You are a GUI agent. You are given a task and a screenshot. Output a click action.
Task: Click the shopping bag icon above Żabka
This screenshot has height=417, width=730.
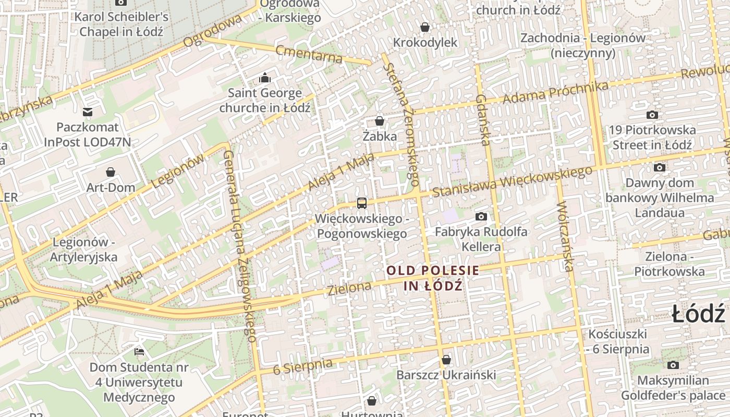coord(380,121)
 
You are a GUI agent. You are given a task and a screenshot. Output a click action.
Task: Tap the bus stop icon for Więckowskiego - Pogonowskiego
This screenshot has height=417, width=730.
coord(361,203)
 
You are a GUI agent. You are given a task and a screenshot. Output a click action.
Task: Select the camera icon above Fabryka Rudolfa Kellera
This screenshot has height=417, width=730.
coord(481,216)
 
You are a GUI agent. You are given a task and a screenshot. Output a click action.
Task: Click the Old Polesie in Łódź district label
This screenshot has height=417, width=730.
coord(433,278)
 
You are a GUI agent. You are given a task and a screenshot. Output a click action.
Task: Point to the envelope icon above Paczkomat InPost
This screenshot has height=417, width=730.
coord(88,112)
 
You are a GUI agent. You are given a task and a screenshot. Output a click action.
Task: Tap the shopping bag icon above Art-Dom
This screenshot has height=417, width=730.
coord(111,172)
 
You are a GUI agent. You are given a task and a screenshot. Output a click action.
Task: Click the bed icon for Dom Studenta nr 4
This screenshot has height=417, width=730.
coord(139,352)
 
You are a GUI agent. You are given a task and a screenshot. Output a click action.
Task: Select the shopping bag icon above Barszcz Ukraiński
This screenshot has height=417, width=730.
coord(446,360)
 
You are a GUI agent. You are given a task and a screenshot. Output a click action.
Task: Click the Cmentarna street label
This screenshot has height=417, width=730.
coord(309,54)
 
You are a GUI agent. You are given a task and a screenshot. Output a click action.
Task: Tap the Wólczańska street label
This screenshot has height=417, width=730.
coord(565,237)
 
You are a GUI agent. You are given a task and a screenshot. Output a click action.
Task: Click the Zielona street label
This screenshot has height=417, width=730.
coord(349,287)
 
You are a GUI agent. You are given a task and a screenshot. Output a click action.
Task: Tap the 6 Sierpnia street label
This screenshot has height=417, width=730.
coord(302,366)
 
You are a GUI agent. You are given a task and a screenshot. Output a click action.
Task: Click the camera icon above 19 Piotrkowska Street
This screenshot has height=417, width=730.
coord(652,115)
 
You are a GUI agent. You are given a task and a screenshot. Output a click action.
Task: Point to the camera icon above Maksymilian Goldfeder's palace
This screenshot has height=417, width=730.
coord(673,365)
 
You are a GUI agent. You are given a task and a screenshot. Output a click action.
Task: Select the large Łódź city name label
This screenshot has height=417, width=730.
coord(698,314)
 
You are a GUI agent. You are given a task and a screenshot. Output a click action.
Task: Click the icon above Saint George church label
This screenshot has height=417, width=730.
coord(265,78)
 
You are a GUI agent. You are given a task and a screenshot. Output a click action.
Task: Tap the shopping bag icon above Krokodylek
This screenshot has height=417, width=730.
coord(425,27)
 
